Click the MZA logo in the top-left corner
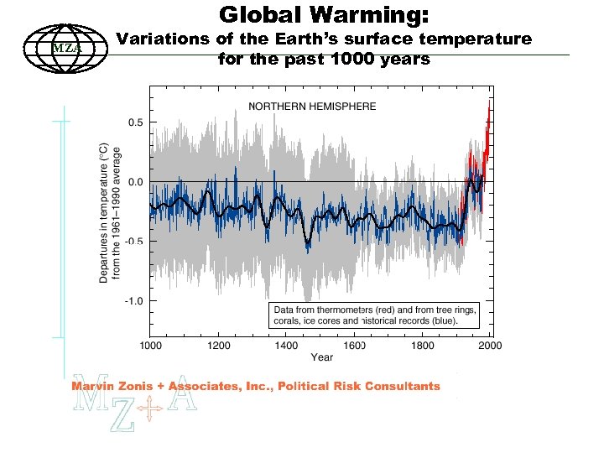[65, 46]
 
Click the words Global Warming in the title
[325, 14]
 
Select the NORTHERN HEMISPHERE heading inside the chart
[311, 107]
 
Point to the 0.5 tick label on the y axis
[134, 122]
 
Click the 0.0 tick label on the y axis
[134, 182]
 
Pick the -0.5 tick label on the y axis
[133, 242]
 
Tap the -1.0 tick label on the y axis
[133, 300]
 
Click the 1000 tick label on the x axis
[150, 345]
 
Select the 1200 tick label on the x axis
[218, 345]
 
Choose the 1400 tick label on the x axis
[286, 345]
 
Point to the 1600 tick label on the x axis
[354, 345]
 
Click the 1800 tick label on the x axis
[422, 345]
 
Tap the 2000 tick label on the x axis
[489, 345]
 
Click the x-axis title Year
[321, 357]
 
